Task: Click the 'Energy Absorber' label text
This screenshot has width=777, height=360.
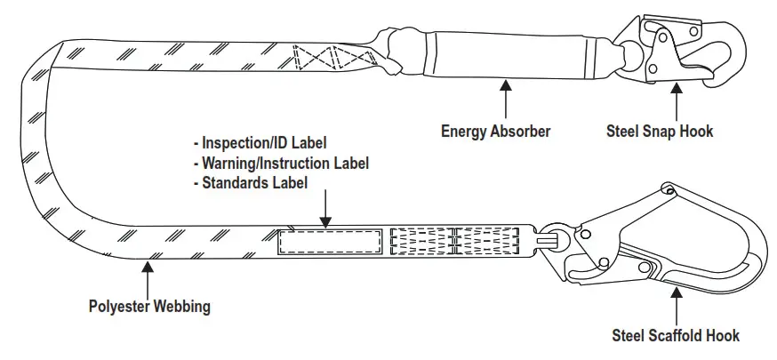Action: pos(496,132)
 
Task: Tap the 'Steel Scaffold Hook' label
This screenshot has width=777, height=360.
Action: pos(676,335)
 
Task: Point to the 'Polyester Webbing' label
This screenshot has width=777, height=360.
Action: pos(149,307)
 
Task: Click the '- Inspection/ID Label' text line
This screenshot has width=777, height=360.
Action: pos(260,143)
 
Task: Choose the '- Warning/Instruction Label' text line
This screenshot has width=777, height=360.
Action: pos(281,163)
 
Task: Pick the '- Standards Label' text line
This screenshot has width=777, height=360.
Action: pos(251,183)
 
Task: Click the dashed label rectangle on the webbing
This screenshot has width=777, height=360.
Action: pos(331,242)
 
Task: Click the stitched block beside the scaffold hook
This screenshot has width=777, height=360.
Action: pos(453,242)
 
